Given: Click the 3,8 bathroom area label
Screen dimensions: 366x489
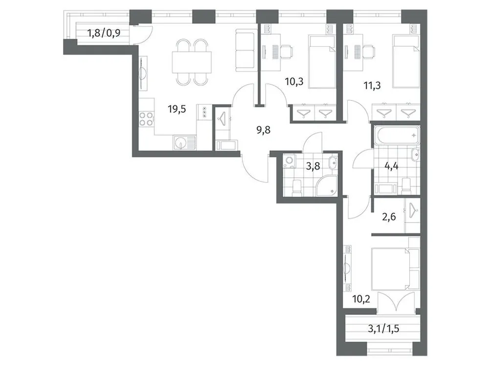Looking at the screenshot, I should click(313, 166).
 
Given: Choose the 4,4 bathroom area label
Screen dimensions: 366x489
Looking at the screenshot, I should click(391, 166).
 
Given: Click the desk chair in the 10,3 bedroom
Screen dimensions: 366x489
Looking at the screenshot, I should click(286, 50).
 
